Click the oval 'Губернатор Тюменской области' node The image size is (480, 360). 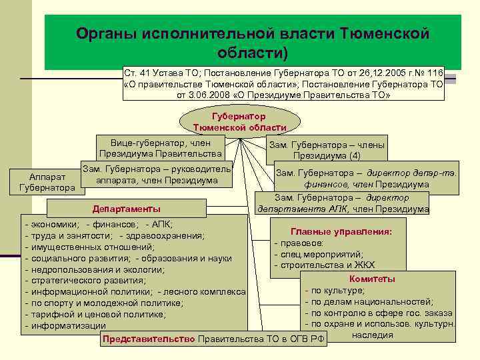(239, 121)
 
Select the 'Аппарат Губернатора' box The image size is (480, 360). (47, 183)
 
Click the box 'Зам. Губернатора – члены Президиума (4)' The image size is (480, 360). (327, 150)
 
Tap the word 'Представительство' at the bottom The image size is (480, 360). (149, 339)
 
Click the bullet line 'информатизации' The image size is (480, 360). (67, 326)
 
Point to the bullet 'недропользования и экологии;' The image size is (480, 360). (97, 269)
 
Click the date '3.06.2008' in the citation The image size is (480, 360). (211, 95)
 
